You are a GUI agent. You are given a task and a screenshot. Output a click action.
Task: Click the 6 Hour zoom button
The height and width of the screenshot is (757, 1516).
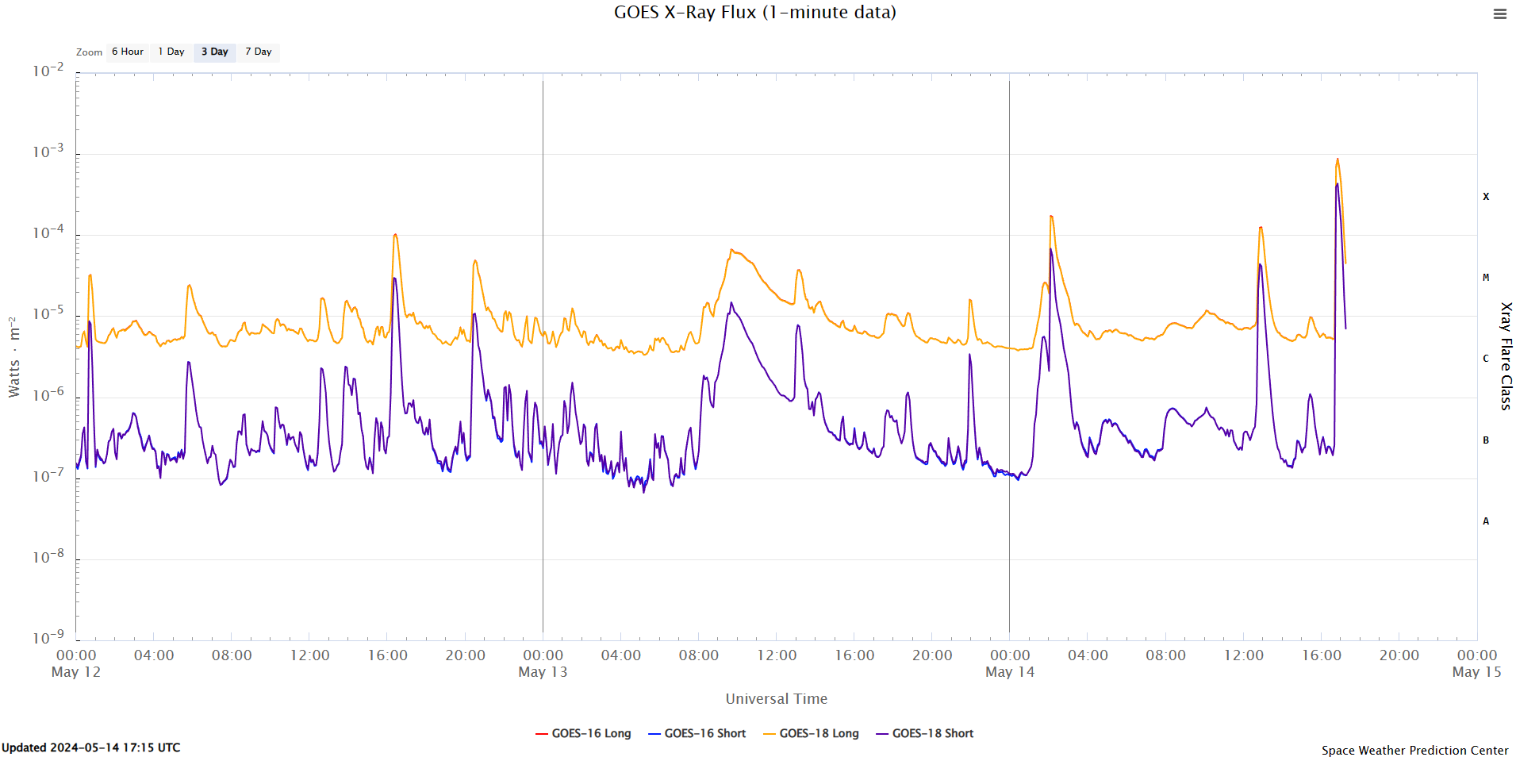(128, 52)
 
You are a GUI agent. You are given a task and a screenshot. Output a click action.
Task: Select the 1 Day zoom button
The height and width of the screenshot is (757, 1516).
(171, 52)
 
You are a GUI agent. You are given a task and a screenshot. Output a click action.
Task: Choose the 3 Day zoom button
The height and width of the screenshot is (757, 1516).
(214, 52)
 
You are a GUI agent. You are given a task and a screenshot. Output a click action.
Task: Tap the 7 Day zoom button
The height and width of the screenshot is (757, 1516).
(258, 52)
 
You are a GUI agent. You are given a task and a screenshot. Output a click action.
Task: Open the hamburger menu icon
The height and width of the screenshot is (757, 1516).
(1499, 13)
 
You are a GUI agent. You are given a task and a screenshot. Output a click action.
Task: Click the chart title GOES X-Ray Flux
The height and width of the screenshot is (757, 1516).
(754, 12)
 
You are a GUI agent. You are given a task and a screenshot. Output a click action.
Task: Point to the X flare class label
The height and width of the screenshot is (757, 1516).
(1486, 196)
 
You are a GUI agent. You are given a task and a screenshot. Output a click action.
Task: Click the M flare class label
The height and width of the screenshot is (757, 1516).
(1486, 278)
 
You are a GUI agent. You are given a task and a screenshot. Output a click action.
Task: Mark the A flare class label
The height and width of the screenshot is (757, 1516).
(1486, 521)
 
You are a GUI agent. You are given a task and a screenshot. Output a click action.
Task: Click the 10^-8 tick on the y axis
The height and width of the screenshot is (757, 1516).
(48, 556)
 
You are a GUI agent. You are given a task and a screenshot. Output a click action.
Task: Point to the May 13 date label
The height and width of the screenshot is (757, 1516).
(543, 672)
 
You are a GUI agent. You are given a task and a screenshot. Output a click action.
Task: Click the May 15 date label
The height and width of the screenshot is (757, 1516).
(1476, 672)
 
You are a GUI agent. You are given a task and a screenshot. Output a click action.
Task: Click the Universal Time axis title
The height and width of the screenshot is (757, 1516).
(776, 698)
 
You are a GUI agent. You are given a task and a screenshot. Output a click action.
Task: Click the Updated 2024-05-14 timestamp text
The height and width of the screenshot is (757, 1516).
(91, 747)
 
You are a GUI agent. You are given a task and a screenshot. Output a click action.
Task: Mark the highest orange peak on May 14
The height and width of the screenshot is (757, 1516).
(1337, 159)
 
